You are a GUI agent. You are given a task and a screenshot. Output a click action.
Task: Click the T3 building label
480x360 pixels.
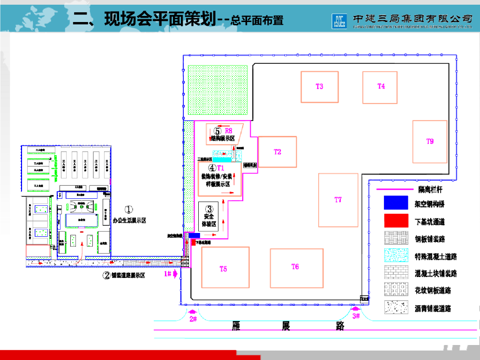[319, 86]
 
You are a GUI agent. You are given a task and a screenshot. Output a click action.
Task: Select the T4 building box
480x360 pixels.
[380, 88]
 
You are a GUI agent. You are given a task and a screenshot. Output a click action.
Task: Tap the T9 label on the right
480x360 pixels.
[430, 142]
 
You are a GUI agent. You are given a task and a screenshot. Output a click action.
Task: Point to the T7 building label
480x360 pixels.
[338, 200]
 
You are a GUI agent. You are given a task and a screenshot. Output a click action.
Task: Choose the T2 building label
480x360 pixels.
[277, 151]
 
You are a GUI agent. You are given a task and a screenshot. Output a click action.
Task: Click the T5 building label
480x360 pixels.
[223, 269]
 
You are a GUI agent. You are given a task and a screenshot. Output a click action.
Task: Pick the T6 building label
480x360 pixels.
[295, 267]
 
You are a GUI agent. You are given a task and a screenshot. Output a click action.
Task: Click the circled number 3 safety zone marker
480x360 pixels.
[210, 209]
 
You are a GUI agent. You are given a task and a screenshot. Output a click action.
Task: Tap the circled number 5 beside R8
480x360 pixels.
[217, 131]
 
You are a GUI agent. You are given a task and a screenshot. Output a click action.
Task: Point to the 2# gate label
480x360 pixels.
[193, 319]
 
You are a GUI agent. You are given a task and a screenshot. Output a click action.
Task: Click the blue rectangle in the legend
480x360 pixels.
[397, 202]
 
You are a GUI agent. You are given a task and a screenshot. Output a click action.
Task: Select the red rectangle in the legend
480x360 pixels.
[397, 221]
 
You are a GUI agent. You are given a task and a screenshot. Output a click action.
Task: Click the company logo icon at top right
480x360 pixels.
[338, 19]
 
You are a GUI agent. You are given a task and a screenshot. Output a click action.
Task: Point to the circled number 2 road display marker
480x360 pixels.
[106, 276]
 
